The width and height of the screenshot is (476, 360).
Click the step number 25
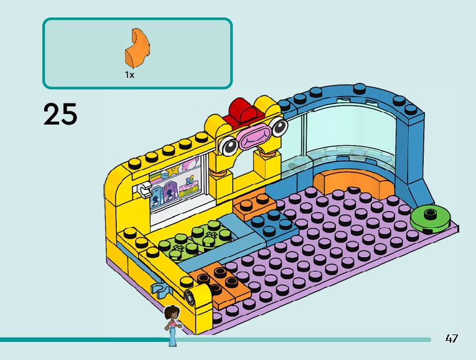60,115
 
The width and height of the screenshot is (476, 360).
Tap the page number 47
452,339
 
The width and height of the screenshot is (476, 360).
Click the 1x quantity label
129,75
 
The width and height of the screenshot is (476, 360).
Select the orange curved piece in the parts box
136,47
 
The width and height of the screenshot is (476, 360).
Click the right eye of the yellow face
279,126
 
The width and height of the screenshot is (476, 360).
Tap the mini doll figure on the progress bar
172,324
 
